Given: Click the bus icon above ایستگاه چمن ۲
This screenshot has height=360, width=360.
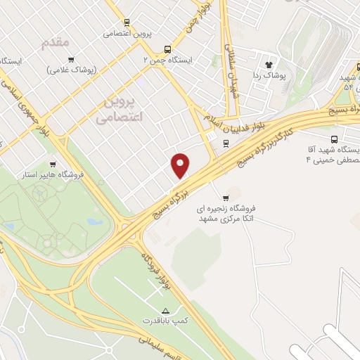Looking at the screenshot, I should click(x=167, y=49).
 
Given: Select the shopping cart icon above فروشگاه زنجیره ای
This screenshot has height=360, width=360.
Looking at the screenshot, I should click(x=225, y=198).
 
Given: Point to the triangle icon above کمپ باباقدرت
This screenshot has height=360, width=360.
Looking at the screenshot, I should click(x=165, y=310).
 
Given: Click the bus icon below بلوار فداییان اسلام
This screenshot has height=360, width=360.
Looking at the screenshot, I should click(x=225, y=143).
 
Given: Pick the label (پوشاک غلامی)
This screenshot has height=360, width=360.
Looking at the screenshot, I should click(x=72, y=70).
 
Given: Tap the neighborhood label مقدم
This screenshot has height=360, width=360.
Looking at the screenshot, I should click(x=56, y=43).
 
